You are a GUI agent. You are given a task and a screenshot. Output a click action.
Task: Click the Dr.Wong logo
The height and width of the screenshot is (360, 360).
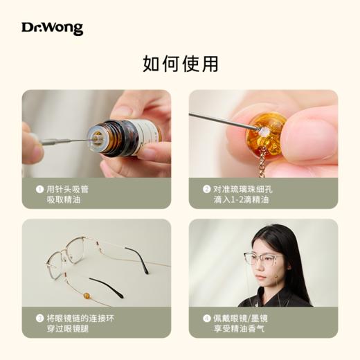click(52, 28)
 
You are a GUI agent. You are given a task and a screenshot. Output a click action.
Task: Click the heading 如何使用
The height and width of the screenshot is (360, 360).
click(180, 64)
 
